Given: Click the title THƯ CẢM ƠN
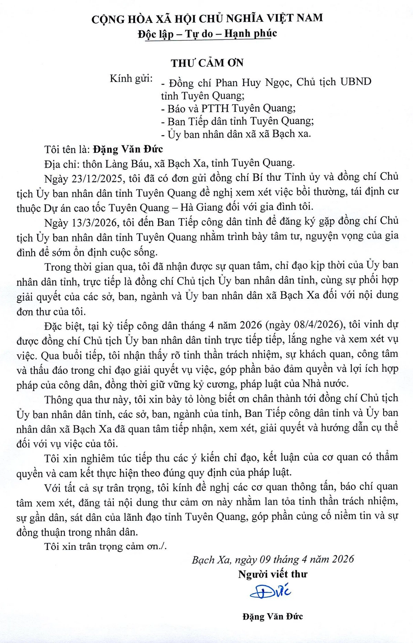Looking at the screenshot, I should [207, 63].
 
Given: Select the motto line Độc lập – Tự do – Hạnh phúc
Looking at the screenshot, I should [207, 33].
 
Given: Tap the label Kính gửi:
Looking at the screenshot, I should [131, 79].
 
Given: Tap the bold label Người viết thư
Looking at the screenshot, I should [273, 574].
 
